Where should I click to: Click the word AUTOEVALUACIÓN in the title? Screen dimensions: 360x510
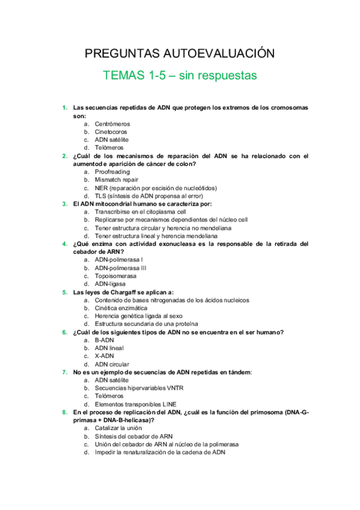pyautogui.click(x=219, y=54)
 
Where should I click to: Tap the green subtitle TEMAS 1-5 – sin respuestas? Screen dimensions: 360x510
pyautogui.click(x=180, y=76)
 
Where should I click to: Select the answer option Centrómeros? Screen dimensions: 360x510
pyautogui.click(x=112, y=124)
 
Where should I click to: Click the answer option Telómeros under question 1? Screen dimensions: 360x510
pyautogui.click(x=109, y=147)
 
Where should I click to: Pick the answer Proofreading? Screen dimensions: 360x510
pyautogui.click(x=112, y=171)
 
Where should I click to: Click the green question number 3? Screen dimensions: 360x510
pyautogui.click(x=64, y=203)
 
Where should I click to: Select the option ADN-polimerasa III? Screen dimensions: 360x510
pyautogui.click(x=121, y=268)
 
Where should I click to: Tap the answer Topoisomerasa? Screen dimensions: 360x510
pyautogui.click(x=115, y=275)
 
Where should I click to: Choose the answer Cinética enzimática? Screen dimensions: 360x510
pyautogui.click(x=121, y=307)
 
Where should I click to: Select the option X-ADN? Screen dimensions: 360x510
pyautogui.click(x=106, y=355)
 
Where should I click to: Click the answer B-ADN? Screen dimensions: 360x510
pyautogui.click(x=106, y=340)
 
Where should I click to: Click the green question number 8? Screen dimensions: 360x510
pyautogui.click(x=64, y=412)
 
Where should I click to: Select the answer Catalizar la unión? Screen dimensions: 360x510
pyautogui.click(x=118, y=428)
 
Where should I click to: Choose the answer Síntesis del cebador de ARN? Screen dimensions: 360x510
pyautogui.click(x=134, y=436)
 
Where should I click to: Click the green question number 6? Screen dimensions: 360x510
pyautogui.click(x=64, y=332)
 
